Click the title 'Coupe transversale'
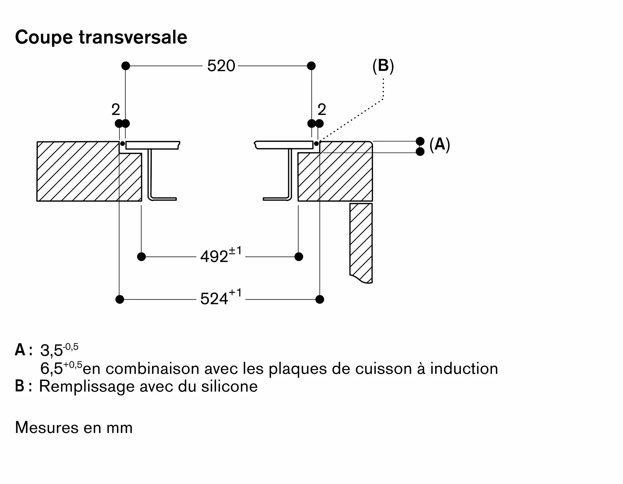(101, 37)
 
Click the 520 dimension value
(221, 66)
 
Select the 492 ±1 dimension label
(221, 256)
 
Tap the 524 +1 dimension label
(221, 298)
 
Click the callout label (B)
(383, 66)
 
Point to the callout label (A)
(440, 145)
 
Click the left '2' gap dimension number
(116, 110)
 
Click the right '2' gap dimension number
(322, 110)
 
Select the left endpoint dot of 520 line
(126, 66)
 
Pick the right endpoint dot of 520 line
(311, 66)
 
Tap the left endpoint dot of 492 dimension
(141, 257)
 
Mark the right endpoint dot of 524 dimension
(320, 299)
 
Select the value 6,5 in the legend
(52, 369)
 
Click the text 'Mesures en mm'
(74, 428)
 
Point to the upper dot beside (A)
(420, 141)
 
